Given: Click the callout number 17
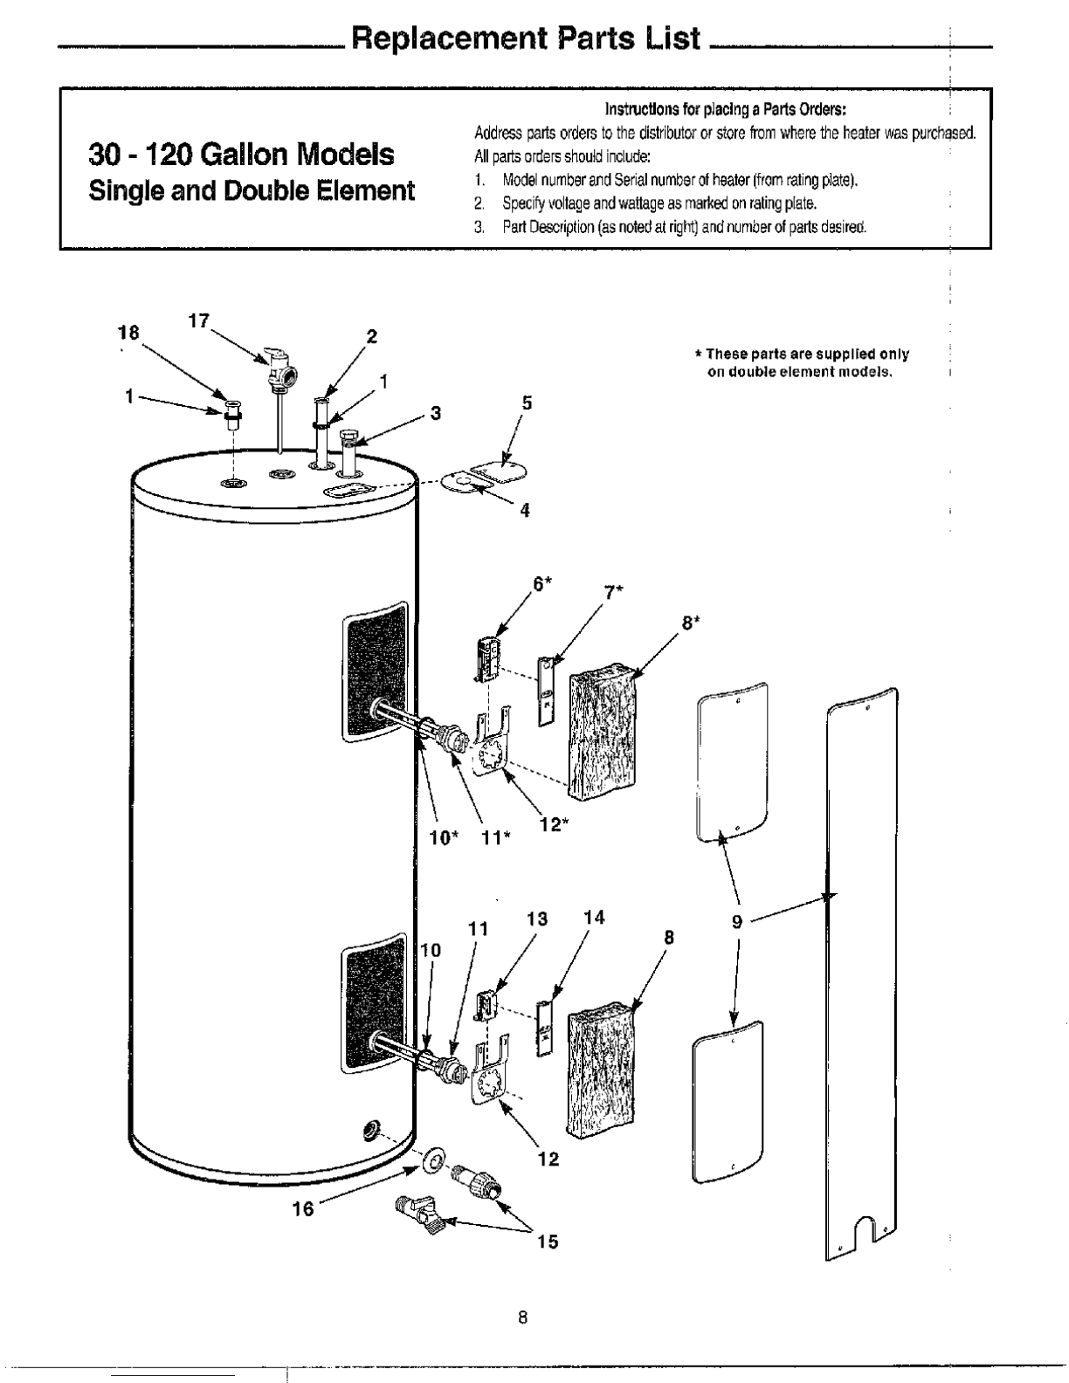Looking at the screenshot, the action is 198,321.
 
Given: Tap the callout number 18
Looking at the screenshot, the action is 128,333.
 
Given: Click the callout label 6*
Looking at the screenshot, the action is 541,584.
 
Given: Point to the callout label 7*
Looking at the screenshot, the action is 613,592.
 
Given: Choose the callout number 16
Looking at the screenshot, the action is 303,1208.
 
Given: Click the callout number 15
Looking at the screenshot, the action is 548,1241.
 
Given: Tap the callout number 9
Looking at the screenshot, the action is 736,922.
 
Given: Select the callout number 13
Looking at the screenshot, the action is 537,919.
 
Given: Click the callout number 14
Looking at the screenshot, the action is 593,917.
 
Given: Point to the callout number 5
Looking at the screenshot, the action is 527,403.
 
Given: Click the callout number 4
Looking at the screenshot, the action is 525,511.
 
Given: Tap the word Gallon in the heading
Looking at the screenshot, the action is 248,154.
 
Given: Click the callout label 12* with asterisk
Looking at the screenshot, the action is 554,825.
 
